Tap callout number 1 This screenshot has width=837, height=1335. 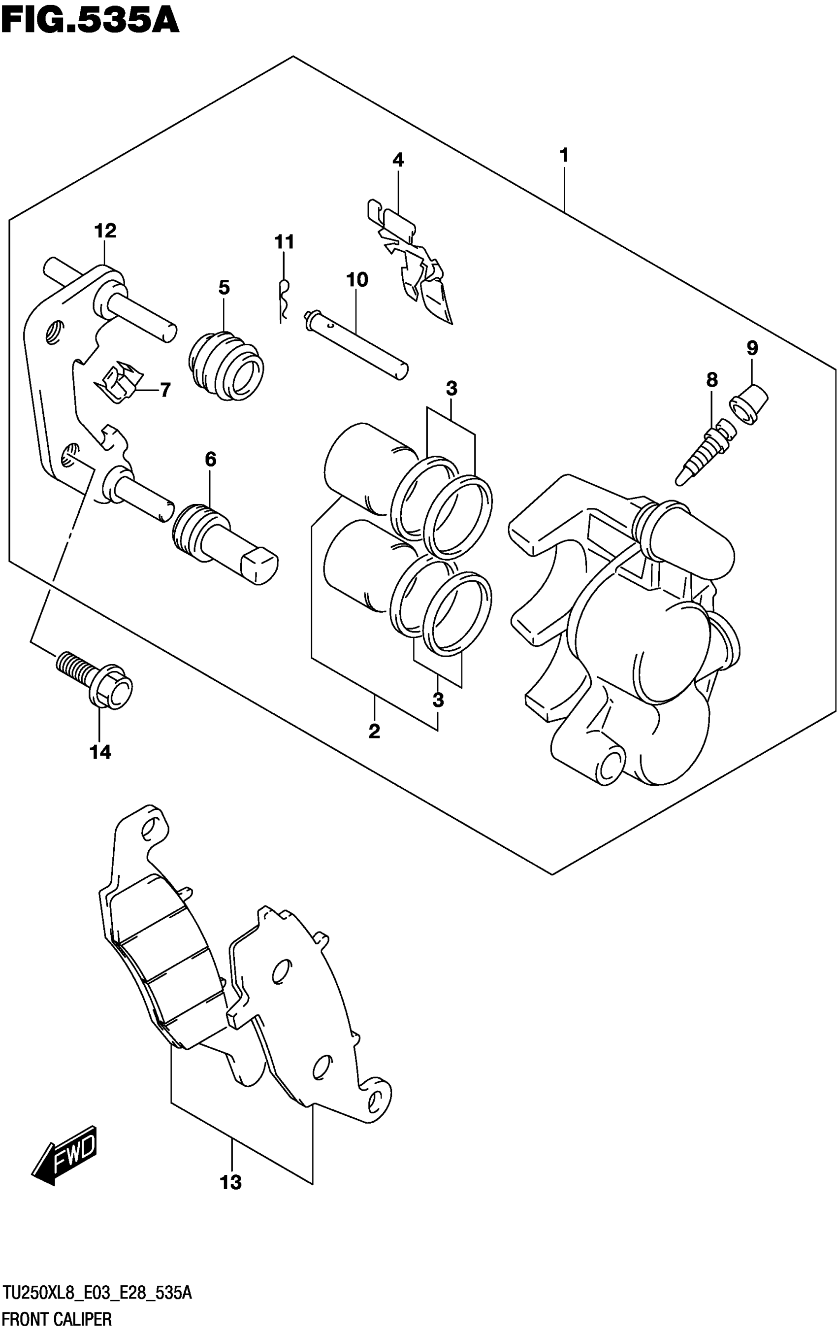[564, 155]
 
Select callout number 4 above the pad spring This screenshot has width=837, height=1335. [398, 160]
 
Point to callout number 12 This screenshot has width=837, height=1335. [105, 231]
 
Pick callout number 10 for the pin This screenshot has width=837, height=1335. [357, 280]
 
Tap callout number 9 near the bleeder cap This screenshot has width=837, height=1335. [752, 348]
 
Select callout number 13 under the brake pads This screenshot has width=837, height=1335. [231, 1182]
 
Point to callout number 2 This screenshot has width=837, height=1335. [374, 732]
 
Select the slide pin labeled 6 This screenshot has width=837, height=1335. [225, 543]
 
